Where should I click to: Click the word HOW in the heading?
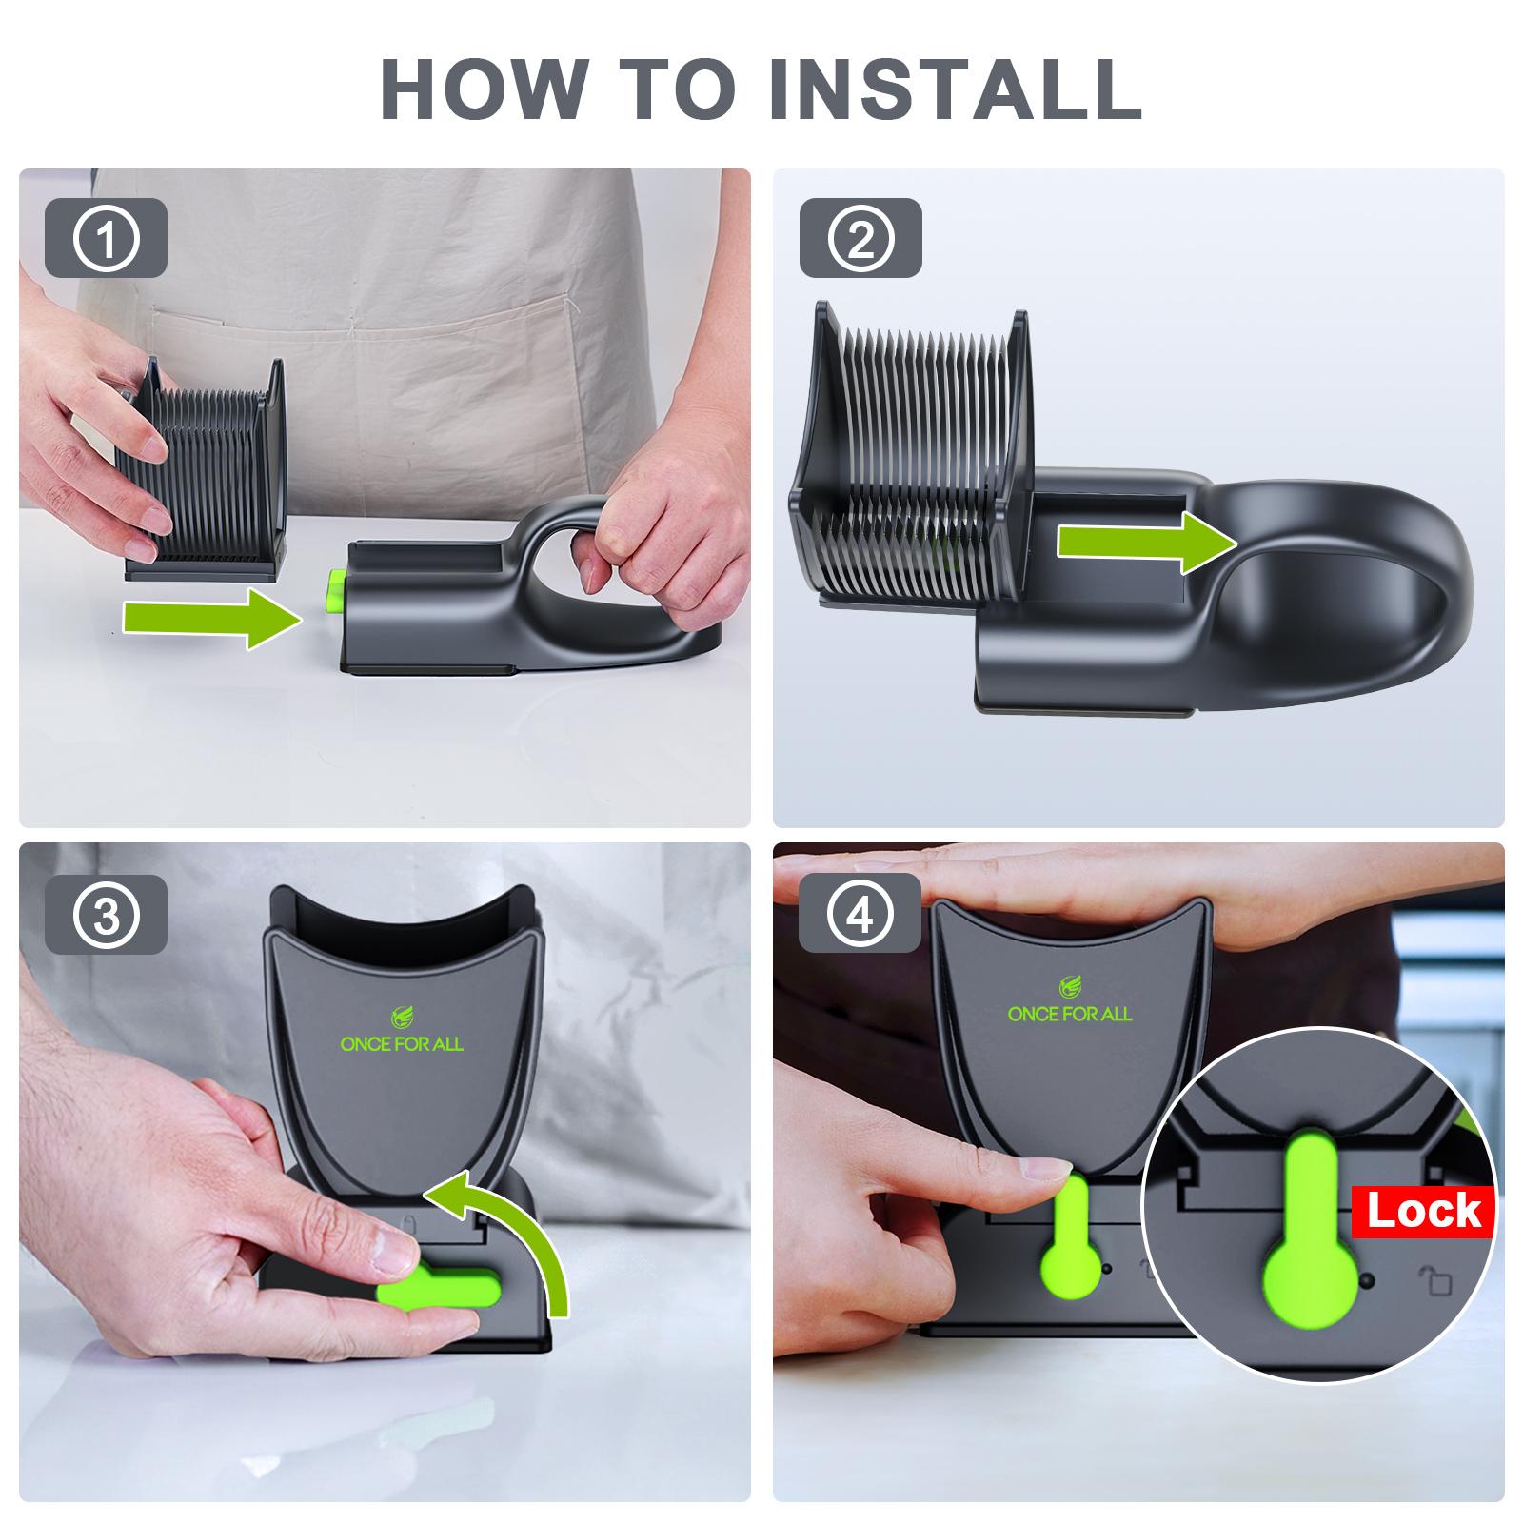pos(482,88)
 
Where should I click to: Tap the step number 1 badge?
pos(106,238)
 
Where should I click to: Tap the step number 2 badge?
pos(860,238)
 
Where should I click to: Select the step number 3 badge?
pos(106,914)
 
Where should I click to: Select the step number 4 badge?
pos(860,914)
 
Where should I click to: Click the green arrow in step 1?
pos(213,618)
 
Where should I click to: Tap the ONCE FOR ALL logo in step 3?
pos(402,1031)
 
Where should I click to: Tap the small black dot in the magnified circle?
pos(1369,1281)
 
